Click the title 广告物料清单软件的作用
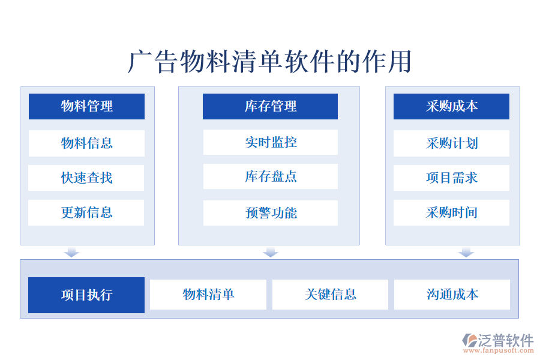[270, 62]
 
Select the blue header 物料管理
[86, 106]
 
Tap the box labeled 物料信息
[86, 143]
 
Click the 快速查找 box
[86, 178]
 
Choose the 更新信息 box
[86, 212]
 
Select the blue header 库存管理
[270, 106]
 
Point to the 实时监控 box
[270, 142]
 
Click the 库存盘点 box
[270, 176]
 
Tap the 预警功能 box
[270, 212]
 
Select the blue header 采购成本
[451, 106]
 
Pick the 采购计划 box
[451, 143]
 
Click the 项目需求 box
[451, 178]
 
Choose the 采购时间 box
[451, 212]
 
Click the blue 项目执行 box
[86, 295]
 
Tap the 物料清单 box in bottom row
[208, 295]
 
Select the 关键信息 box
[330, 295]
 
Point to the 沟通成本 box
[452, 295]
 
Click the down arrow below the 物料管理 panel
[72, 252]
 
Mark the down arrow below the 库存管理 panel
[271, 252]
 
